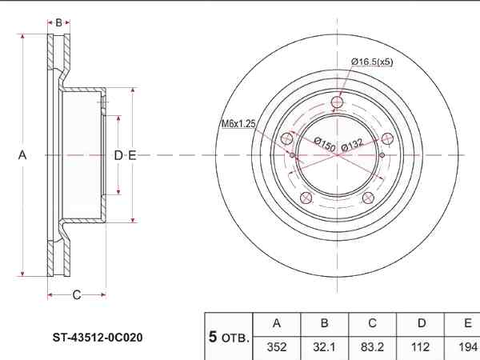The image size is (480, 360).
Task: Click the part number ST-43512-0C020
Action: (98, 338)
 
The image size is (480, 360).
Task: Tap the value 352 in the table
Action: (277, 347)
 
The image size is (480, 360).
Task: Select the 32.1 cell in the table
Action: (324, 347)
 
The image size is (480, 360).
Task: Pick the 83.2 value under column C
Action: (372, 347)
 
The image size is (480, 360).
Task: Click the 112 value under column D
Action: (421, 347)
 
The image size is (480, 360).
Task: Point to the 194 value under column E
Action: (468, 347)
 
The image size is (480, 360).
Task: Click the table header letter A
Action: (277, 323)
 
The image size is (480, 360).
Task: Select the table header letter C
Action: (372, 323)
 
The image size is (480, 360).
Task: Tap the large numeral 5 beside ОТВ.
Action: (213, 337)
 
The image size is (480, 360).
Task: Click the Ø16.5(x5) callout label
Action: (372, 62)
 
